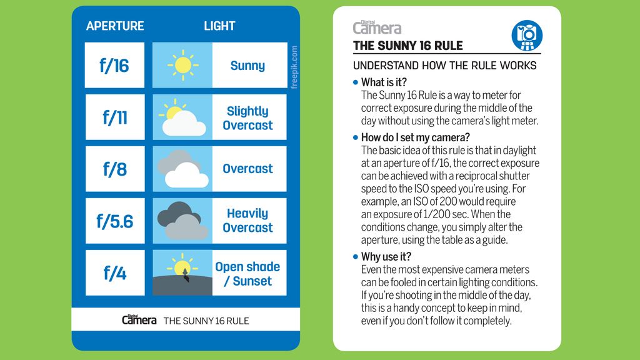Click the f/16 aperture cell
[114, 66]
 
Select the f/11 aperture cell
[114, 117]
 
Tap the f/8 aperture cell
[114, 169]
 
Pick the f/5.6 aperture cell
[114, 221]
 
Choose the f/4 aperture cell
[114, 273]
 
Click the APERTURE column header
[115, 26]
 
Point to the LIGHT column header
[219, 26]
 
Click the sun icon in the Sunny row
[182, 65]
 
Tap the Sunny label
[247, 66]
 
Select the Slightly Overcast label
[247, 118]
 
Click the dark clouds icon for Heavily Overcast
[182, 221]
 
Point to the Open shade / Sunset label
[247, 274]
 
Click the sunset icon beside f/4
[182, 273]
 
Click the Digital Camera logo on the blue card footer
[139, 319]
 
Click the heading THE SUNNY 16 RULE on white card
[407, 46]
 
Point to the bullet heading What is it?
[384, 82]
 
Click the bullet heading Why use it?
[386, 257]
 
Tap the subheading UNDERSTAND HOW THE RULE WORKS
[444, 66]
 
